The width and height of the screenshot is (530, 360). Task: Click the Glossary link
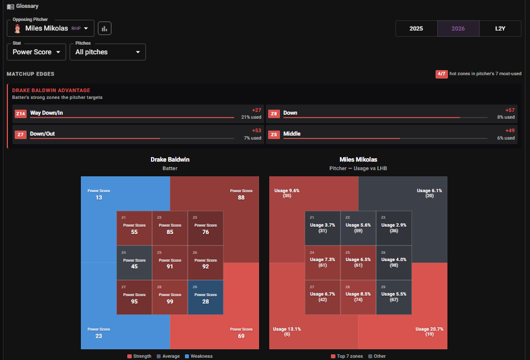click(23, 6)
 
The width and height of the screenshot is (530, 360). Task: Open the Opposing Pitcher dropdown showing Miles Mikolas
click(50, 28)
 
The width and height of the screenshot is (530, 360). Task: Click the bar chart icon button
click(105, 28)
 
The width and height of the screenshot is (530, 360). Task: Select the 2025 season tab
click(416, 28)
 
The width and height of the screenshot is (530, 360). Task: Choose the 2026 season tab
click(458, 28)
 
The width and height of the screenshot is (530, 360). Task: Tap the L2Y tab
click(500, 28)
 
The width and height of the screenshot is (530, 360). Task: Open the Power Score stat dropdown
click(37, 52)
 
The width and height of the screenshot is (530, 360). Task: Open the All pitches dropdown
click(107, 52)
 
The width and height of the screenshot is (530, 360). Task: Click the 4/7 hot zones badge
click(441, 74)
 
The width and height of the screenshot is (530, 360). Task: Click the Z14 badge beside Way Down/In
click(20, 114)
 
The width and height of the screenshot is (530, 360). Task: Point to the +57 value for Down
click(510, 110)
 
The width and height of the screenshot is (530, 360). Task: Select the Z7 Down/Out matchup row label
click(42, 134)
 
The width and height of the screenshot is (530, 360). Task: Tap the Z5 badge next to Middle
click(274, 135)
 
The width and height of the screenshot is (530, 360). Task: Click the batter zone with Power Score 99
click(170, 297)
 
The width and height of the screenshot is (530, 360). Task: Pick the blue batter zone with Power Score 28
click(205, 297)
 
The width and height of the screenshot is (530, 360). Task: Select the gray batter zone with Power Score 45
click(134, 263)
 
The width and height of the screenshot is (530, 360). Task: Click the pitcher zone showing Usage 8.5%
click(358, 297)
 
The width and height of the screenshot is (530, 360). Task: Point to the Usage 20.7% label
click(429, 329)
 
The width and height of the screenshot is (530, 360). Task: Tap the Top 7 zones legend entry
click(347, 356)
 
